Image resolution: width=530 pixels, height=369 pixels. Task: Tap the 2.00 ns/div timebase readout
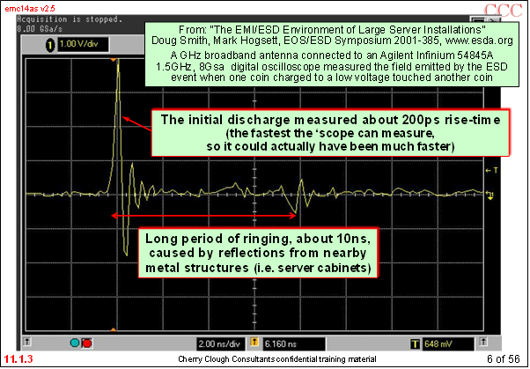coord(219,344)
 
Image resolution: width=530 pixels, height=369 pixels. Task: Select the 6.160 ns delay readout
coord(281,344)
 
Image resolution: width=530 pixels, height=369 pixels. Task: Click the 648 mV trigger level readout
coord(438,344)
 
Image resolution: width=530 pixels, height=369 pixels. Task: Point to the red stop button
coord(87,343)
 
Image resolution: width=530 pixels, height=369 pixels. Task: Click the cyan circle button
coord(75,343)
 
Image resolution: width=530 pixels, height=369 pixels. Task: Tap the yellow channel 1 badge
coord(50,45)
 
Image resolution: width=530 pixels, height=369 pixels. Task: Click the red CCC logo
coord(503,11)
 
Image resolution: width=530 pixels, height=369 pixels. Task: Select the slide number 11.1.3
coord(18,358)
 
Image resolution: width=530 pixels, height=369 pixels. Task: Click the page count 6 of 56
coord(503,358)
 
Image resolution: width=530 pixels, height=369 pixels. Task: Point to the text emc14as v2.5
coord(30,8)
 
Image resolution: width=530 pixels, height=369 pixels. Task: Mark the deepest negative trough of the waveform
coord(127,255)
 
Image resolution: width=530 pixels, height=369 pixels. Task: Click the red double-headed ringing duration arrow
coord(204,216)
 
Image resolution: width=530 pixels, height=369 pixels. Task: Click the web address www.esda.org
coord(479,41)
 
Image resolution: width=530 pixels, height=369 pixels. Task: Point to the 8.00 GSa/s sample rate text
coord(40,29)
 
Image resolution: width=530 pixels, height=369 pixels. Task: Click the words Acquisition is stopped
coord(70,19)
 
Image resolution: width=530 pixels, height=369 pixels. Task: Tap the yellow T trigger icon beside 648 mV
coord(415,344)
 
